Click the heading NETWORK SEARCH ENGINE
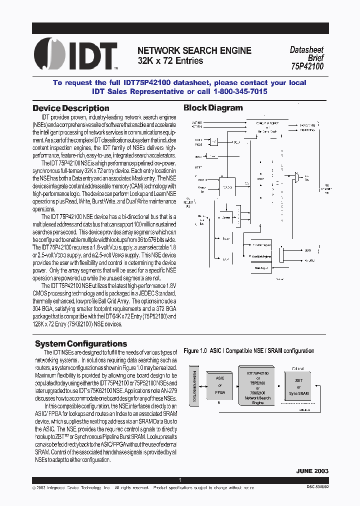[x=194, y=50]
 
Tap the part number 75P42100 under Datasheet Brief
[x=306, y=66]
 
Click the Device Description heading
[x=70, y=108]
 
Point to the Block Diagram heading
[x=213, y=107]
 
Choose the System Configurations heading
[x=81, y=343]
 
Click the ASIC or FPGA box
[x=220, y=385]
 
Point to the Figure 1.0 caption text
[x=249, y=351]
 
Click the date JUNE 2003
[x=312, y=471]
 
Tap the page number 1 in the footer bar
[x=179, y=480]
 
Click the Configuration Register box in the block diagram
[x=266, y=123]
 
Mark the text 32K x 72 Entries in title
[x=170, y=61]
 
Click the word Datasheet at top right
[x=306, y=50]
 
